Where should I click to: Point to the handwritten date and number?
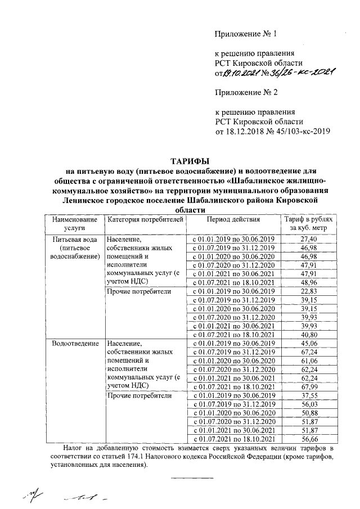280,72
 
